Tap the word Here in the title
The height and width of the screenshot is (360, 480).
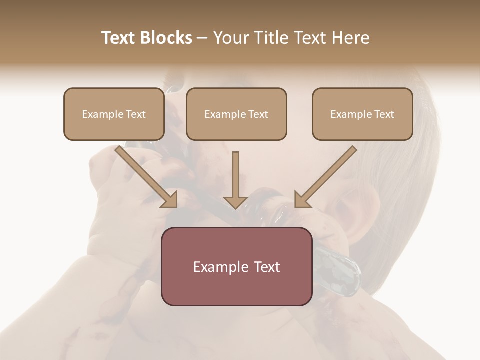350,38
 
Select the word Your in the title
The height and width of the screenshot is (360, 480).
230,38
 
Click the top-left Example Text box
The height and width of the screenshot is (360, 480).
114,114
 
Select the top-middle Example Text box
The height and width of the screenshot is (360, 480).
236,114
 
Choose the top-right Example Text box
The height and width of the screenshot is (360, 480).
362,114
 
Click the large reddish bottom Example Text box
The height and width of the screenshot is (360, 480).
236,266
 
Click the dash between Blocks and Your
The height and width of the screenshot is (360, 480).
202,38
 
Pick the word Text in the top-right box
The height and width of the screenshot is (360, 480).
383,114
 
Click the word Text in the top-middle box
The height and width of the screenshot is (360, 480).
258,114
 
